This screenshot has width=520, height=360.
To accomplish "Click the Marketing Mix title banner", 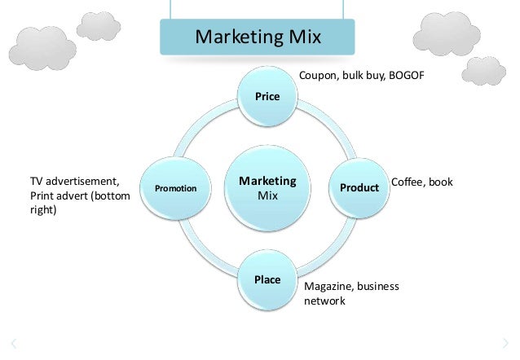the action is point(257,37).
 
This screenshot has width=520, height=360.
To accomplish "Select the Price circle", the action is point(267,96).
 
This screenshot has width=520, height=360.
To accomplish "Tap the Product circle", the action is point(359,188).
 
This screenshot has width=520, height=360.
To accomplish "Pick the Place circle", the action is point(267,280).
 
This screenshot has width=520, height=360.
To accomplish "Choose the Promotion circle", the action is point(176,188).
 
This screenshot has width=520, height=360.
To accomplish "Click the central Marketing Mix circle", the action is point(267,188).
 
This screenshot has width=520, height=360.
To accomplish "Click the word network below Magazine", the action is point(324,301).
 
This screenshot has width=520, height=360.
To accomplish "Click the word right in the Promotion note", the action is point(42,209).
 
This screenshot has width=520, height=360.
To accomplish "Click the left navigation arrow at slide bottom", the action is point(14,343).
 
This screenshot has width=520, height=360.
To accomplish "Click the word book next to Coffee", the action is point(441,182).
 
